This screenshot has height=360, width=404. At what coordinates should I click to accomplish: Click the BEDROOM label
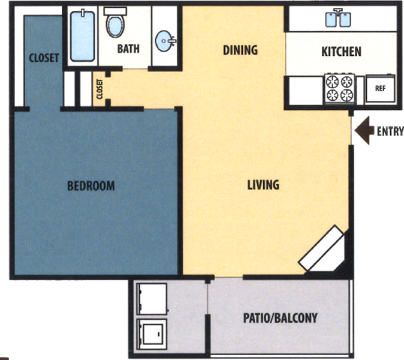point(91,185)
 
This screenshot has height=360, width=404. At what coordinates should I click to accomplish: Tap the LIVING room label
point(263,184)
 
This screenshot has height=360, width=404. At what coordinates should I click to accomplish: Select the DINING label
point(240,50)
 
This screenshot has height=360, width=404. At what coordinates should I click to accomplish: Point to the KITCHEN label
point(341,52)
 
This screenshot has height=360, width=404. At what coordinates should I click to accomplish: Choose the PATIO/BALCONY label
point(281,317)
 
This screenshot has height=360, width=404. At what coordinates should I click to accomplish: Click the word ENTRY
point(390,131)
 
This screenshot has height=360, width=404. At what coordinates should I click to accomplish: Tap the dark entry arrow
point(364,131)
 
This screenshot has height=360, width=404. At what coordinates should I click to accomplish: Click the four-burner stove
point(339,88)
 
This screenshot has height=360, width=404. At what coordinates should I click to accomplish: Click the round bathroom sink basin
point(164,42)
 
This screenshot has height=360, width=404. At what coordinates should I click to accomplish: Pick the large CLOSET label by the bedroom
point(44,58)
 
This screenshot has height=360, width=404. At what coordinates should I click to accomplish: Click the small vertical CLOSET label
point(100,88)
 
